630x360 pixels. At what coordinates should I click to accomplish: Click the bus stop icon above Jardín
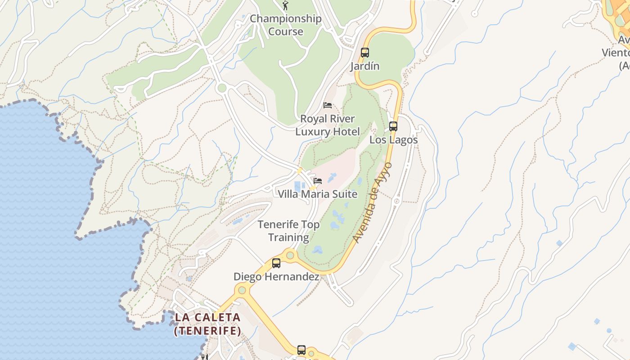coord(365,53)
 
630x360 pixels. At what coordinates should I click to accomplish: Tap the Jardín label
coord(365,66)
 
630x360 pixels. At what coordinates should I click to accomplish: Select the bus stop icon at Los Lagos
coord(393,126)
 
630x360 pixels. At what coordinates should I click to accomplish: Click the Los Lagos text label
coord(393,140)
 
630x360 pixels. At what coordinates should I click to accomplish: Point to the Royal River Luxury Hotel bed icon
coord(328,105)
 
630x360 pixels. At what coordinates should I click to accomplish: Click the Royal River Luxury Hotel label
coord(328,125)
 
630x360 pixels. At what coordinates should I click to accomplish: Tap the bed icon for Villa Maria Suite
coord(318,181)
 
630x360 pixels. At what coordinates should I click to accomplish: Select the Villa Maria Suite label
coord(317,194)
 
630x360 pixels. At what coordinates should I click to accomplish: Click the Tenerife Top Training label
coord(288,230)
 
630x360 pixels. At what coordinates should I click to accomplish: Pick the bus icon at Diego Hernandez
coord(276,263)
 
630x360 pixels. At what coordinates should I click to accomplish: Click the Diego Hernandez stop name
coord(276,277)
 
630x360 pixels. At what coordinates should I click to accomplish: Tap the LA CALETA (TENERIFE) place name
coord(207,324)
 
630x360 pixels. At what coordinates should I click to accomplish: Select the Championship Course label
coord(286,25)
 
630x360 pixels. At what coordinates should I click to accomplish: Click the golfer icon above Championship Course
coord(285,5)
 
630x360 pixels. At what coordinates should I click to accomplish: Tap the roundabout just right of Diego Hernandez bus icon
coord(290,256)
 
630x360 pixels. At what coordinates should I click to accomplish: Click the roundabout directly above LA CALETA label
coord(242,290)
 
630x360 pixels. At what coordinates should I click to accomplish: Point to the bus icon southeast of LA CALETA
coord(301,350)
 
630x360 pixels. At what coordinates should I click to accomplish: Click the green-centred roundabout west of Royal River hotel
coord(221,88)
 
